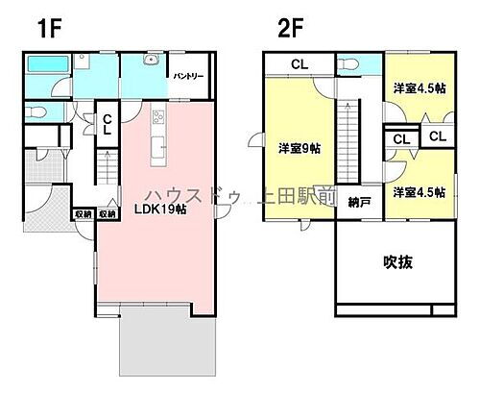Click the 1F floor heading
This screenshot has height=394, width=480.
(50, 28)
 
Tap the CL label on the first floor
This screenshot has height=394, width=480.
(108, 124)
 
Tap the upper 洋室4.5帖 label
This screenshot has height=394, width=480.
(419, 88)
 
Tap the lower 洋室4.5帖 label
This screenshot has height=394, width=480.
(419, 192)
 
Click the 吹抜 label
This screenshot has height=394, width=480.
(396, 262)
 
